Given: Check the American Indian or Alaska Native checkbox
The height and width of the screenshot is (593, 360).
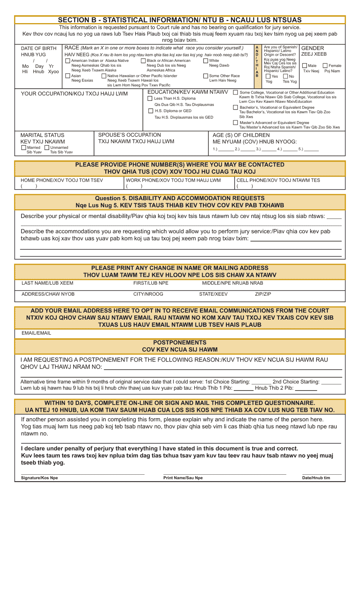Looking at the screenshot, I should coord(68,61).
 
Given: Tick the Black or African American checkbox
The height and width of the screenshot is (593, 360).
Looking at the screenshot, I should coord(143,61).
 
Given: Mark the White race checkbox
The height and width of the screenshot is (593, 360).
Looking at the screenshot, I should coord(206,61).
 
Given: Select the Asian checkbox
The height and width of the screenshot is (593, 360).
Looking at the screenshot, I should coord(68,76).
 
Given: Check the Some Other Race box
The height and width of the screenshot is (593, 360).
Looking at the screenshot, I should coord(206,76).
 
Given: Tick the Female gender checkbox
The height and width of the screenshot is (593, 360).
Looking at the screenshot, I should coord(325,66).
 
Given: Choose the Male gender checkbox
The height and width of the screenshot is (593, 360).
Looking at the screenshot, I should coord(305,66).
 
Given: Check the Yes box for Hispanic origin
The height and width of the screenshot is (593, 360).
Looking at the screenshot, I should coord(268,76).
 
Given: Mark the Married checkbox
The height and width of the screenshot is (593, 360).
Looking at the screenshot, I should coord(24,147).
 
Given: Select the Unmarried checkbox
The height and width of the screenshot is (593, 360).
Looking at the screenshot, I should coord(47,147).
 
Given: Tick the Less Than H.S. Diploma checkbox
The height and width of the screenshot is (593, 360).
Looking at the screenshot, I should coord(150,99).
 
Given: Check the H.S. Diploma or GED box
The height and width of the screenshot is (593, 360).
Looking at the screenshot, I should coord(150,111).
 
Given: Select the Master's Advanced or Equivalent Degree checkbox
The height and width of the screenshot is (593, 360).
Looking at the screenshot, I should coord(236,122).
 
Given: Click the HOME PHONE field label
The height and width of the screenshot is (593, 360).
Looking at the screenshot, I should coord(62,180).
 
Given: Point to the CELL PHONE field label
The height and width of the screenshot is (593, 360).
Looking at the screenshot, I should coord(278,180).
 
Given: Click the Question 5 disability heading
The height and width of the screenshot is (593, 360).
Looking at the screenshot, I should coord(180,198).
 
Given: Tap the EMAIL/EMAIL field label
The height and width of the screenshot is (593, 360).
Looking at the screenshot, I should coord(36,333).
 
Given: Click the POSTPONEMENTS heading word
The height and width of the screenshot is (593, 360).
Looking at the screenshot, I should coord(180,342).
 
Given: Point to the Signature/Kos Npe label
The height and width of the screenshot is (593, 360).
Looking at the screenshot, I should coord(39,478).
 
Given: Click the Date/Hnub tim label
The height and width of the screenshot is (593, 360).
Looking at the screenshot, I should coord(316,478).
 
